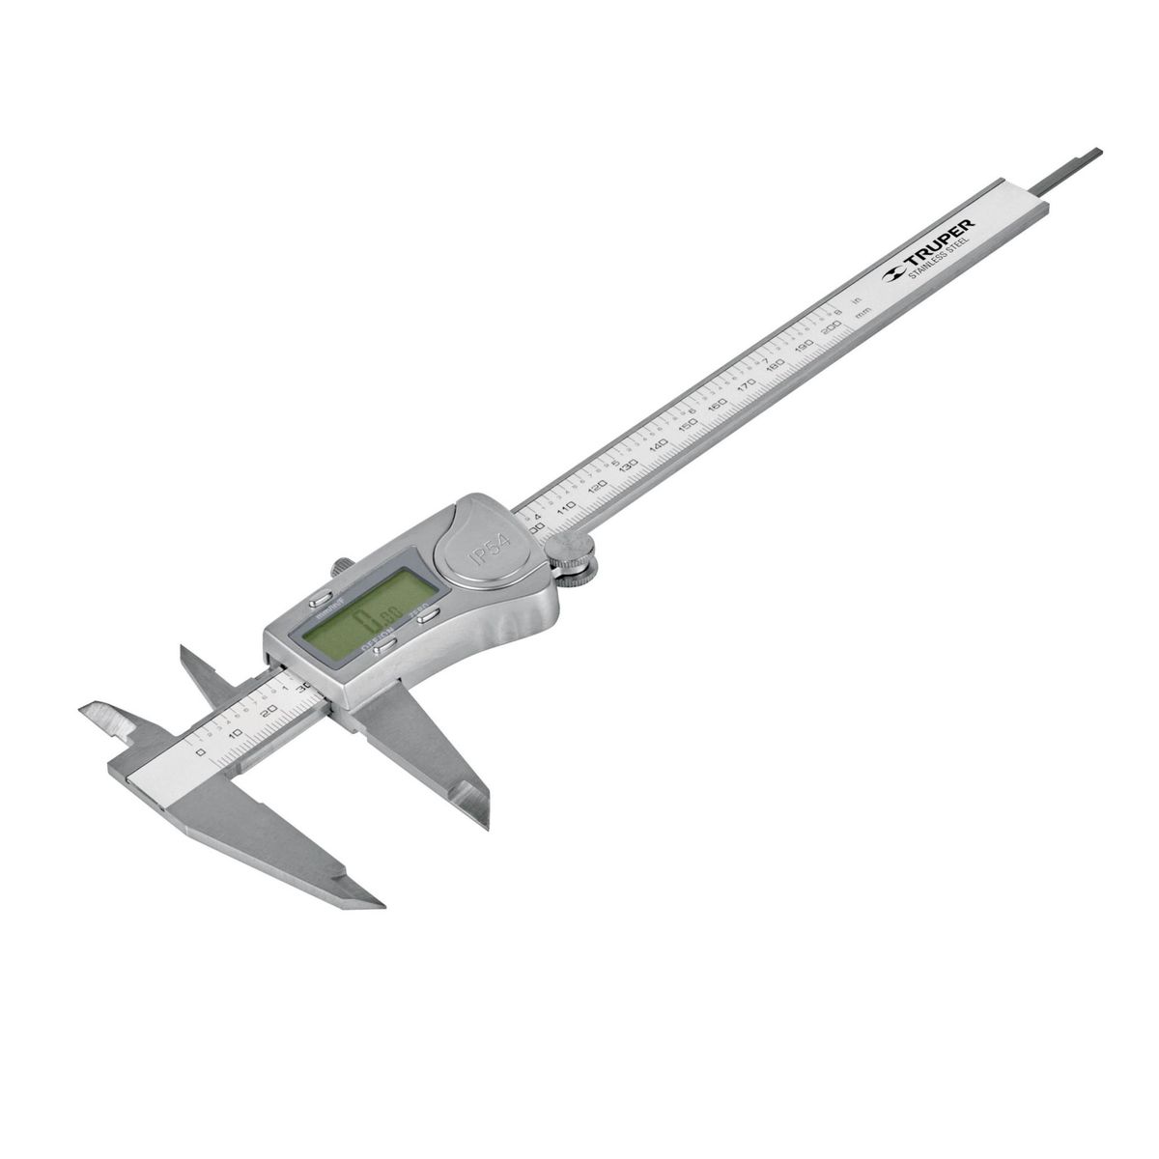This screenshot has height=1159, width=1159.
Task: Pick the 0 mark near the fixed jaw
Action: [x=200, y=750]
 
